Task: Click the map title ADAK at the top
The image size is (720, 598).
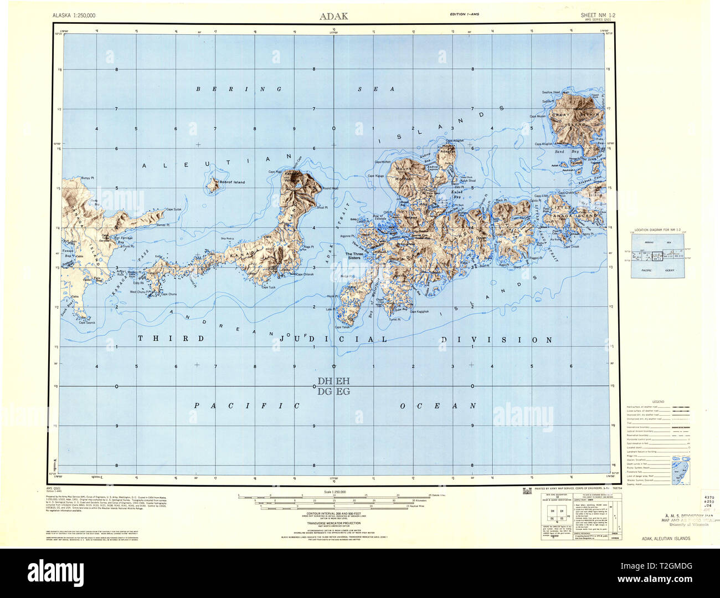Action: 333,16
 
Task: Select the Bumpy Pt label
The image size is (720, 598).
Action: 88,178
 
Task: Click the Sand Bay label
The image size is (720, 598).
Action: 563,151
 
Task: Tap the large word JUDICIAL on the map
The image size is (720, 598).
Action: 333,339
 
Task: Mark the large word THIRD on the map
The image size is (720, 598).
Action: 171,338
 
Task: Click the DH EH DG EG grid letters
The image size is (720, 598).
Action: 334,386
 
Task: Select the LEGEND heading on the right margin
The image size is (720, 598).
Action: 658,401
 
